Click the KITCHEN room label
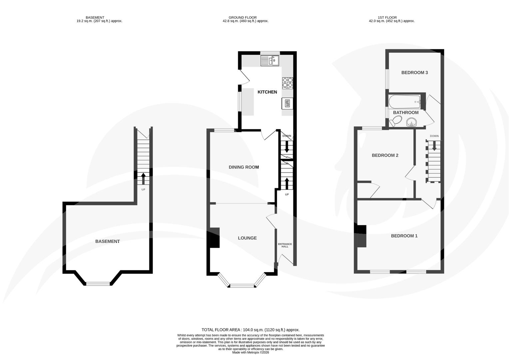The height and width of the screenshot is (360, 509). (267, 92)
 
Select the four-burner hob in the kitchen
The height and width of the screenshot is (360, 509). (287, 83)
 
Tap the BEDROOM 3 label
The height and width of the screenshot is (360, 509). (414, 73)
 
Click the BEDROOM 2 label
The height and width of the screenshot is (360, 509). (385, 155)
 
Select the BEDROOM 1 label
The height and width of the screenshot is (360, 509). (404, 236)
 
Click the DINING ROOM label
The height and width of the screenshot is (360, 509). (244, 167)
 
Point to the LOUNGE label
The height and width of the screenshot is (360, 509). (247, 238)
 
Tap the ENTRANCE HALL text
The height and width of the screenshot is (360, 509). (285, 245)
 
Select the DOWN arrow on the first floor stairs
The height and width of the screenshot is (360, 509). (434, 146)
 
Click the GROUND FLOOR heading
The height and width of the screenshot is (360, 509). (243, 18)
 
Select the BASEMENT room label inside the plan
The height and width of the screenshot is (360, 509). (107, 241)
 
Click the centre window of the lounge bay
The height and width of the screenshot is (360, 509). (242, 285)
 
